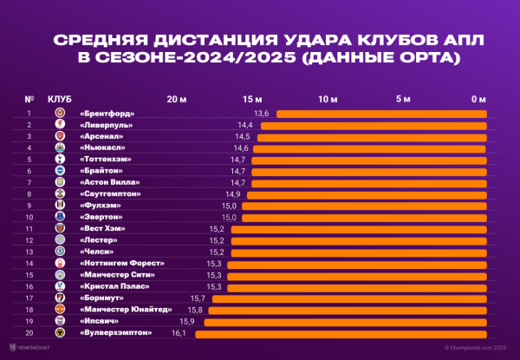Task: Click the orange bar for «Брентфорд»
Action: (x=381, y=114)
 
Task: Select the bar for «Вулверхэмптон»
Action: (x=341, y=332)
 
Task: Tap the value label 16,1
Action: (x=179, y=332)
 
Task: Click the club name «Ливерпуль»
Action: (x=107, y=125)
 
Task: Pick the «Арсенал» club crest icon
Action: (x=60, y=136)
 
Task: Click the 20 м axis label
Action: (x=176, y=99)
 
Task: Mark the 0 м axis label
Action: (x=478, y=99)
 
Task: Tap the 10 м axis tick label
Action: (x=328, y=99)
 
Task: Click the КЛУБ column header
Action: (x=59, y=99)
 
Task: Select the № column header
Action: (x=29, y=99)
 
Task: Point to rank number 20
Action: (x=29, y=332)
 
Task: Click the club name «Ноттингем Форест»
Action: (x=121, y=263)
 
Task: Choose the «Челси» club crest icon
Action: (x=60, y=252)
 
